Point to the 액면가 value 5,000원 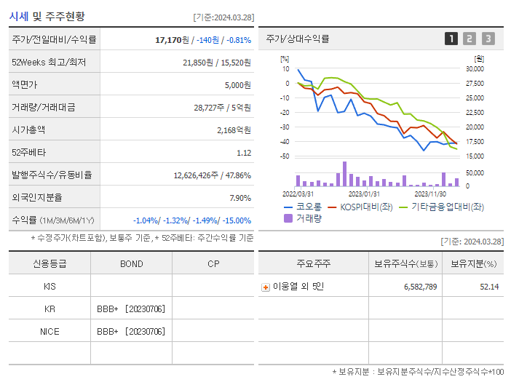tap(237, 85)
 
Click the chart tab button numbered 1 tap(451, 39)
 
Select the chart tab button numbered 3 tap(488, 39)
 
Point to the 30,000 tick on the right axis tap(475, 69)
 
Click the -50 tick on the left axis tap(285, 156)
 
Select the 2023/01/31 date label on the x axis tap(364, 194)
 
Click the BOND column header tap(131, 263)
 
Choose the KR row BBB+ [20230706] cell tap(131, 309)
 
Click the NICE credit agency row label tap(49, 332)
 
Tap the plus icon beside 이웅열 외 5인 tap(266, 287)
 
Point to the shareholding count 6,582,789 tap(420, 287)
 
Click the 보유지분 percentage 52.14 tap(490, 287)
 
